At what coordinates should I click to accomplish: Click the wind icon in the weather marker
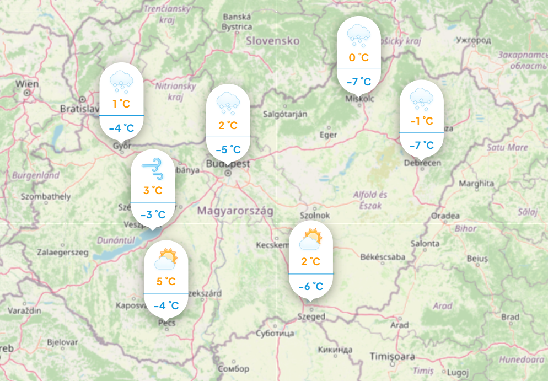pyautogui.click(x=153, y=168)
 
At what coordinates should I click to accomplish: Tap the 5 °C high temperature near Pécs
pyautogui.click(x=166, y=282)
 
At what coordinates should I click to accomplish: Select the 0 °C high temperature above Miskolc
pyautogui.click(x=358, y=57)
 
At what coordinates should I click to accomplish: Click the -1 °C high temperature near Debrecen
pyautogui.click(x=421, y=121)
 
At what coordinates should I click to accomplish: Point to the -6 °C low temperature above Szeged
pyautogui.click(x=311, y=286)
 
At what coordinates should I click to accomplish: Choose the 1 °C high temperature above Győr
pyautogui.click(x=121, y=104)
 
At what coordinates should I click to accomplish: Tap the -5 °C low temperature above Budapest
pyautogui.click(x=228, y=149)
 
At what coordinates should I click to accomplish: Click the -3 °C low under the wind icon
pyautogui.click(x=153, y=214)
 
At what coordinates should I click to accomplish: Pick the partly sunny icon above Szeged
pyautogui.click(x=311, y=239)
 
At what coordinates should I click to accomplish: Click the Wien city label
pyautogui.click(x=28, y=84)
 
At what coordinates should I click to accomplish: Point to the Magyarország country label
pyautogui.click(x=235, y=211)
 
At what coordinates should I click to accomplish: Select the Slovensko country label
pyautogui.click(x=273, y=41)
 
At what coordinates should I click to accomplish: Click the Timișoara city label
pyautogui.click(x=392, y=356)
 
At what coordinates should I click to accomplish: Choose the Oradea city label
pyautogui.click(x=445, y=215)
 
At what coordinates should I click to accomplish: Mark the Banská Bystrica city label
pyautogui.click(x=237, y=20)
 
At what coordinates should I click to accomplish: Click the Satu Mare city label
pyautogui.click(x=507, y=147)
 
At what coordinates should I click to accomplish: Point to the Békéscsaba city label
pyautogui.click(x=382, y=257)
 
